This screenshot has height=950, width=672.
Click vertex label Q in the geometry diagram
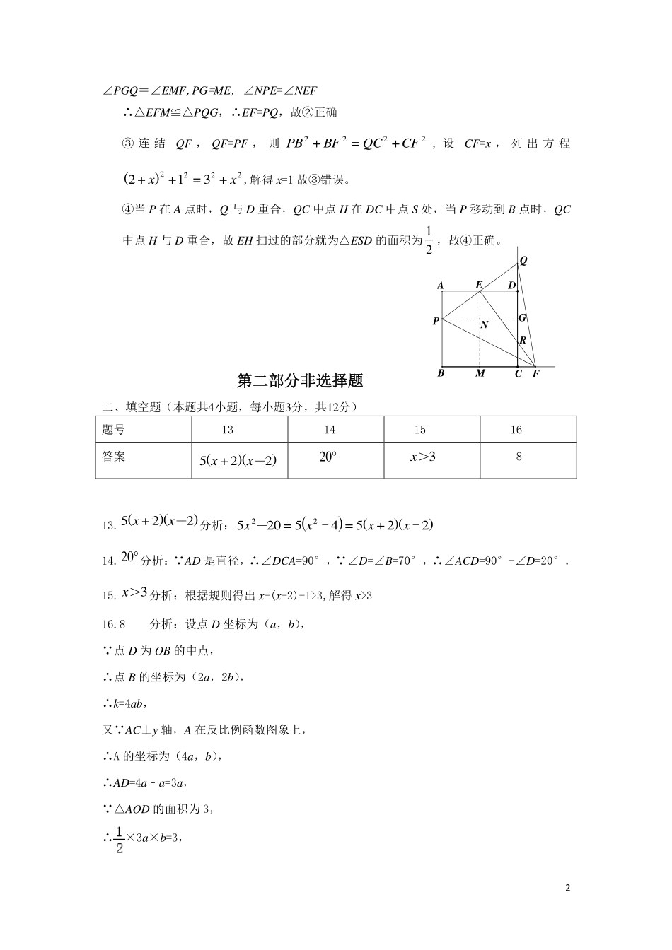pyautogui.click(x=523, y=260)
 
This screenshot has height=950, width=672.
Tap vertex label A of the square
pyautogui.click(x=440, y=286)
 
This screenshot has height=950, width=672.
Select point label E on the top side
pyautogui.click(x=479, y=285)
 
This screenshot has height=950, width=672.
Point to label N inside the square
pyautogui.click(x=485, y=326)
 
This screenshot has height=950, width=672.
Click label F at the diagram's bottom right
pyautogui.click(x=535, y=373)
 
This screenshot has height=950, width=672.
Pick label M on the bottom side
pyautogui.click(x=480, y=373)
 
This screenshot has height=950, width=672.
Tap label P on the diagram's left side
pyautogui.click(x=436, y=322)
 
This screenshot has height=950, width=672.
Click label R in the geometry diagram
pyautogui.click(x=523, y=341)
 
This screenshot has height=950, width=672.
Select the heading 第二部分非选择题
pyautogui.click(x=299, y=381)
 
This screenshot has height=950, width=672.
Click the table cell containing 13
pyautogui.click(x=227, y=430)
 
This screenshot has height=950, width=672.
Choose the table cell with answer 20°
pyautogui.click(x=328, y=457)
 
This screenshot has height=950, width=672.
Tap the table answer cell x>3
pyautogui.click(x=423, y=457)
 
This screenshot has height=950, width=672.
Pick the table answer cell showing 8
pyautogui.click(x=519, y=457)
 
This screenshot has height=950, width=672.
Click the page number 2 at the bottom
pyautogui.click(x=567, y=888)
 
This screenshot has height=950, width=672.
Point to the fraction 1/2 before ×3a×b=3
pyautogui.click(x=119, y=839)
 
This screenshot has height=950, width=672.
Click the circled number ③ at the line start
pyautogui.click(x=128, y=143)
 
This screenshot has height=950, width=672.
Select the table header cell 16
pyautogui.click(x=516, y=430)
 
